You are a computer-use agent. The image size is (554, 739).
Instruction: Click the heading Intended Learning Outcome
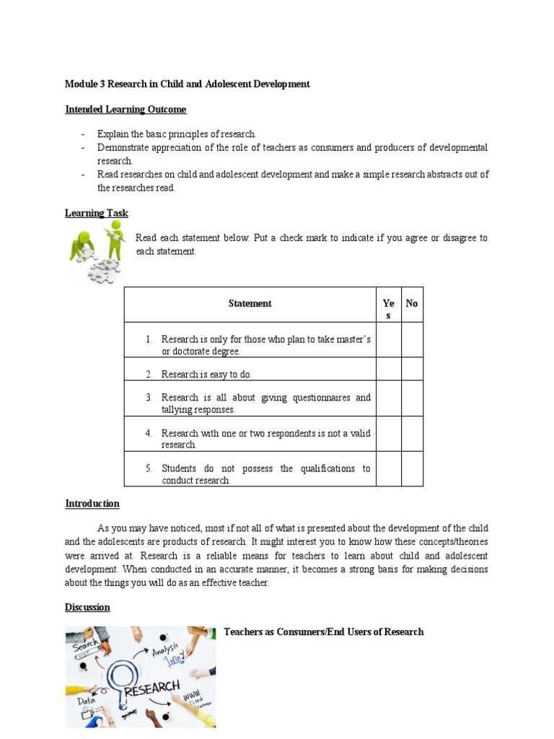126,110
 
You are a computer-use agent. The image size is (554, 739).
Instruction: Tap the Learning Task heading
97,213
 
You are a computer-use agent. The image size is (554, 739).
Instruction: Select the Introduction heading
92,504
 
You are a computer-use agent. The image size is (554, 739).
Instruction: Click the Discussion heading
87,608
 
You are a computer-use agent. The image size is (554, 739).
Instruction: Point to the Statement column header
250,304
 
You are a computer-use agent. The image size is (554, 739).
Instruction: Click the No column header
412,304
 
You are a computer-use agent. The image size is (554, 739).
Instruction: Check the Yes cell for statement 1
389,340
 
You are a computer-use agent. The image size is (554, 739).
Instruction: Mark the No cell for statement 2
412,369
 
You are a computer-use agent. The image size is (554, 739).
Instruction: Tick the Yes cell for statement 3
389,398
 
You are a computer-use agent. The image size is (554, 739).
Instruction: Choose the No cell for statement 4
412,434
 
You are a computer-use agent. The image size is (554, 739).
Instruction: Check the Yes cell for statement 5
389,469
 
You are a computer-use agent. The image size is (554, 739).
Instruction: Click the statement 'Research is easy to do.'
206,375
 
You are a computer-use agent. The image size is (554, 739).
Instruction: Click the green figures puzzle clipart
96,252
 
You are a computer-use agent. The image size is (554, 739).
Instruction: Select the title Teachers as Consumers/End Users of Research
324,632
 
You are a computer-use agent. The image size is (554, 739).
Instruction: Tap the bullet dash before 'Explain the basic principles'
84,135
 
